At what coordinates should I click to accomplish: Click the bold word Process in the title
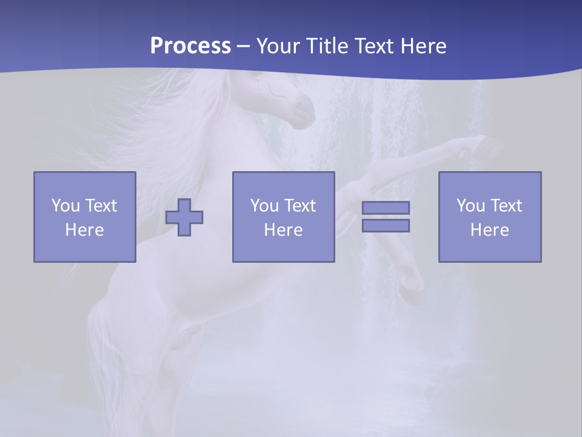click(x=190, y=46)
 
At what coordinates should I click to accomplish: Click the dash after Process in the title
click(x=244, y=46)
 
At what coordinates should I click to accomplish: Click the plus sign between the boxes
click(x=184, y=217)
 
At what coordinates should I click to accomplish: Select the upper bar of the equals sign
click(x=386, y=208)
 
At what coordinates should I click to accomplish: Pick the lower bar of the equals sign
click(x=386, y=226)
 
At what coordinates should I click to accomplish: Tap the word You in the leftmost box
click(x=65, y=206)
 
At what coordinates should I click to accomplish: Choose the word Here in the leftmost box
click(x=84, y=230)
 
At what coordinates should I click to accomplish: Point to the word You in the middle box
click(x=264, y=206)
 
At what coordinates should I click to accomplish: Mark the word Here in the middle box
click(x=283, y=230)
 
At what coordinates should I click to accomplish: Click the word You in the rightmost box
click(x=470, y=206)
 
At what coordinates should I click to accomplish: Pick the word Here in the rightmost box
click(x=489, y=230)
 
